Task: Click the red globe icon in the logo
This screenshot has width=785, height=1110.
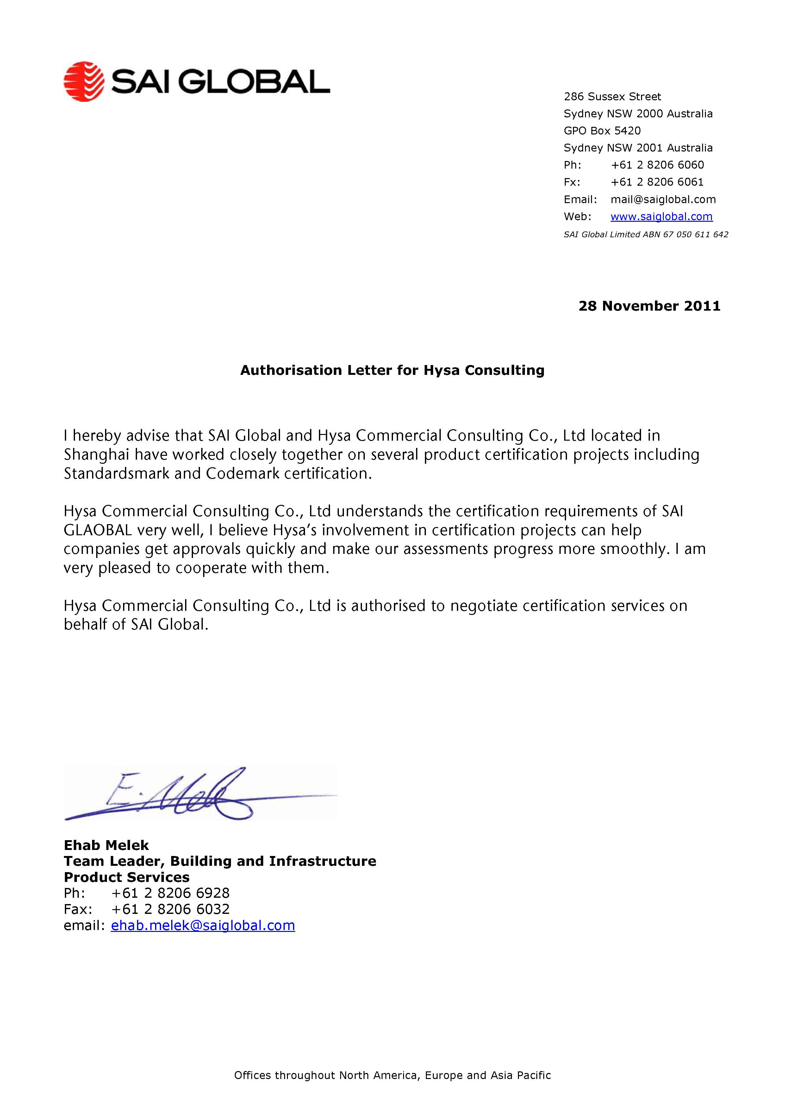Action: (x=84, y=81)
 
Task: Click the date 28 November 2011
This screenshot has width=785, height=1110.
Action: (x=649, y=306)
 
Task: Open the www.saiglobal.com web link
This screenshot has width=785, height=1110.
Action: (x=661, y=217)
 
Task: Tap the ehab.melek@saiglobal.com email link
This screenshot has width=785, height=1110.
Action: (x=203, y=925)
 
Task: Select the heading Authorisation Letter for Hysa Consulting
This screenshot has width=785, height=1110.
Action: (x=392, y=370)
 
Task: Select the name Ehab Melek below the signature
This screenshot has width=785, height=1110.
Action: (x=106, y=845)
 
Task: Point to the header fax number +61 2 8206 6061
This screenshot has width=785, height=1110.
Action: (x=657, y=182)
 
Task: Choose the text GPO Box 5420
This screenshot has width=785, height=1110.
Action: (x=602, y=131)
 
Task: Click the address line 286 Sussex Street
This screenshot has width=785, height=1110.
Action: (x=612, y=97)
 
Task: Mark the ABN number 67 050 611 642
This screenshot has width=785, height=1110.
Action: (x=695, y=234)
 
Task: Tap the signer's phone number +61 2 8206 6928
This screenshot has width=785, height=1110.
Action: (x=170, y=893)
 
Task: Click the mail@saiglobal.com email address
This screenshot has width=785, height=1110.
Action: (x=663, y=199)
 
